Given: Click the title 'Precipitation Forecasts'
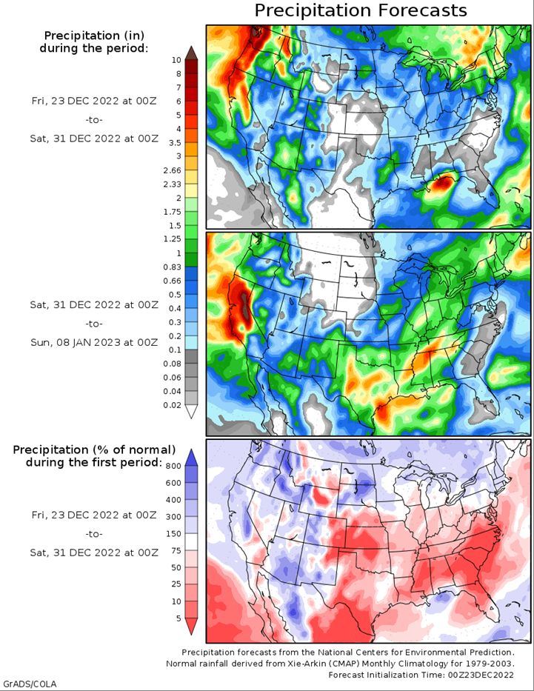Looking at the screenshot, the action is click(361, 10).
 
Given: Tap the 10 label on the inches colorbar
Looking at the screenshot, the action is click(176, 60).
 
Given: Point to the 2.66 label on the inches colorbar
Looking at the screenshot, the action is click(173, 170).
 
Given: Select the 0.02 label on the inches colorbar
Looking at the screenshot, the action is click(173, 405).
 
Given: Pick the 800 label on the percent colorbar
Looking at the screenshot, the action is click(173, 467).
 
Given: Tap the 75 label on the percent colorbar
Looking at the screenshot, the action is click(176, 550).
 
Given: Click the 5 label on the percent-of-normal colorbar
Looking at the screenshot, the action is click(178, 618).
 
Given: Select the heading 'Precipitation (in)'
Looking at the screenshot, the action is click(94, 36).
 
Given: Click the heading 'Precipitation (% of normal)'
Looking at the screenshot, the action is click(94, 450).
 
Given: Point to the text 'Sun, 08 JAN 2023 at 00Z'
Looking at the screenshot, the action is click(94, 342).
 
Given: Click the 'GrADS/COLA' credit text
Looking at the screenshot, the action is click(29, 684).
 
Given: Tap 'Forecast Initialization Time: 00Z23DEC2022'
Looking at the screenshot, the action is click(421, 675).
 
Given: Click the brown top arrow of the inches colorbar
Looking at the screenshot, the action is click(191, 53).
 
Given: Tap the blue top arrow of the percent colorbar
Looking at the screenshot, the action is click(191, 458).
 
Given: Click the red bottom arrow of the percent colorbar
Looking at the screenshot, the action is click(191, 627).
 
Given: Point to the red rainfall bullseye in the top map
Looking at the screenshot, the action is click(442, 183).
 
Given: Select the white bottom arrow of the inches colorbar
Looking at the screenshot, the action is click(191, 412).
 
